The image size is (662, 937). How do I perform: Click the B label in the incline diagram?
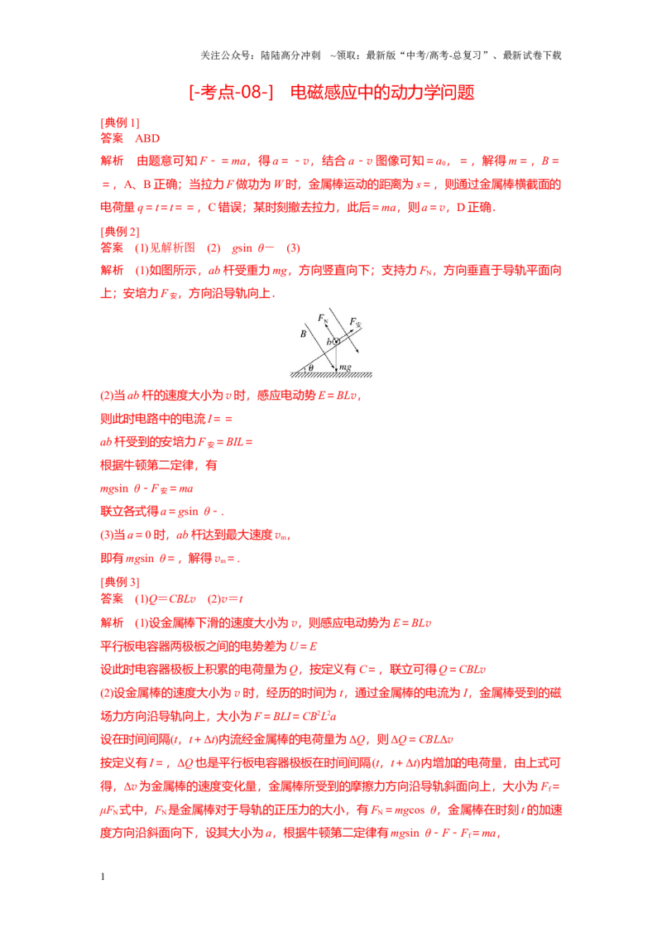304,334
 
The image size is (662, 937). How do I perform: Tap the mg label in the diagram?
345,367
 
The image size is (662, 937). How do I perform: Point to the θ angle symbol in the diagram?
310,368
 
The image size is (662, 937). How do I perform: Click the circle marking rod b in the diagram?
336,341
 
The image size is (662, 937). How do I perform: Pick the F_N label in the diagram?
323,319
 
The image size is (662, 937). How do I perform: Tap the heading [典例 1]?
119,123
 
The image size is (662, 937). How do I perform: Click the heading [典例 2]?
119,232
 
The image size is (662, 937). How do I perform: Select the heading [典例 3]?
119,582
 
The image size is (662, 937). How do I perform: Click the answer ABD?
147,138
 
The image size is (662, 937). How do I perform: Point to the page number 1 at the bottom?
103,877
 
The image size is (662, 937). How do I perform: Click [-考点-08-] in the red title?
231,92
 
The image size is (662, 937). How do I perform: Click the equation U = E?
304,646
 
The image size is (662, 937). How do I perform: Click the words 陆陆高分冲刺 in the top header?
291,55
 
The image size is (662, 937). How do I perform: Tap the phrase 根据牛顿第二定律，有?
159,465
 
